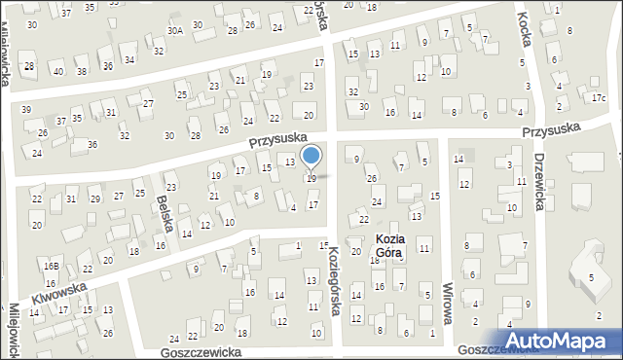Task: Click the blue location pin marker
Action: click(311, 157)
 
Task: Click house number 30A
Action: click(174, 31)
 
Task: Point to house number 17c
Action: click(598, 98)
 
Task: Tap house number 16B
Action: click(51, 266)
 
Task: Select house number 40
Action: click(58, 71)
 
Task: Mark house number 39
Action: click(26, 109)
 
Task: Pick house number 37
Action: click(61, 121)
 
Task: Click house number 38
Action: click(82, 71)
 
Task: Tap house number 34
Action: click(129, 59)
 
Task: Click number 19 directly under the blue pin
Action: click(311, 179)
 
